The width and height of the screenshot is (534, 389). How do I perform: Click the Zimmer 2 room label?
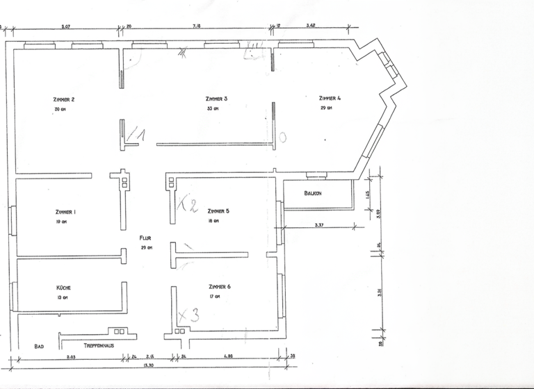pyautogui.click(x=63, y=99)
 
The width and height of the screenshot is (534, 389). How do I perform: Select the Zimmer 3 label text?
pyautogui.click(x=216, y=99)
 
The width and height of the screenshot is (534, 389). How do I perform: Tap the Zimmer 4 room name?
pyautogui.click(x=330, y=98)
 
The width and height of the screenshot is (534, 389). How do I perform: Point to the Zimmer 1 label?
pyautogui.click(x=65, y=211)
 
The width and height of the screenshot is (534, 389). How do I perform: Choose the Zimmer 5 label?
pyautogui.click(x=218, y=211)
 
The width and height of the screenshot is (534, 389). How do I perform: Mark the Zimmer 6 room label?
pyautogui.click(x=219, y=286)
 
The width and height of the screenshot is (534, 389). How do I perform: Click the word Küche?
pyautogui.click(x=64, y=288)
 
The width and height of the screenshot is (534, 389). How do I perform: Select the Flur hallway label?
pyautogui.click(x=145, y=238)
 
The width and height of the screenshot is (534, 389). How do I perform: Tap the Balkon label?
pyautogui.click(x=312, y=192)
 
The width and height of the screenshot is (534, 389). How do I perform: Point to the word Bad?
pyautogui.click(x=39, y=345)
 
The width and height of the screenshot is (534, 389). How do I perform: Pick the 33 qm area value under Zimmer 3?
pyautogui.click(x=212, y=109)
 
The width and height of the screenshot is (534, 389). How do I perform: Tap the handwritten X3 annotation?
pyautogui.click(x=188, y=315)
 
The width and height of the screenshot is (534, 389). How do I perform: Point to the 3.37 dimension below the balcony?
pyautogui.click(x=319, y=225)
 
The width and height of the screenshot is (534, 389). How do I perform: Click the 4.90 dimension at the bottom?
pyautogui.click(x=227, y=356)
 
